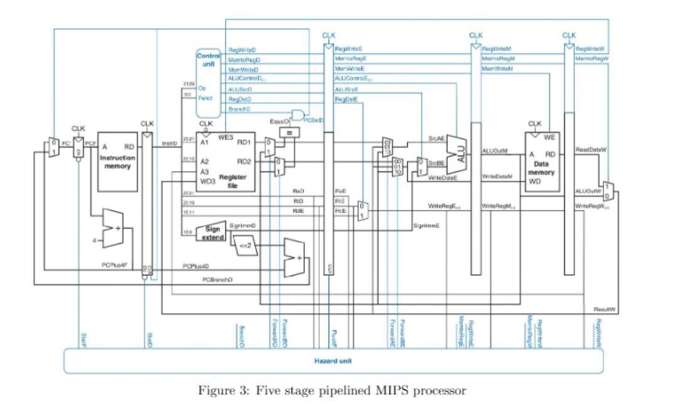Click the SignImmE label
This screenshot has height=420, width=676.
click(x=425, y=225)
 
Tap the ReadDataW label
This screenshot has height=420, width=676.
click(x=590, y=150)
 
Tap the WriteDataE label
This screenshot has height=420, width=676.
click(x=426, y=178)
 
